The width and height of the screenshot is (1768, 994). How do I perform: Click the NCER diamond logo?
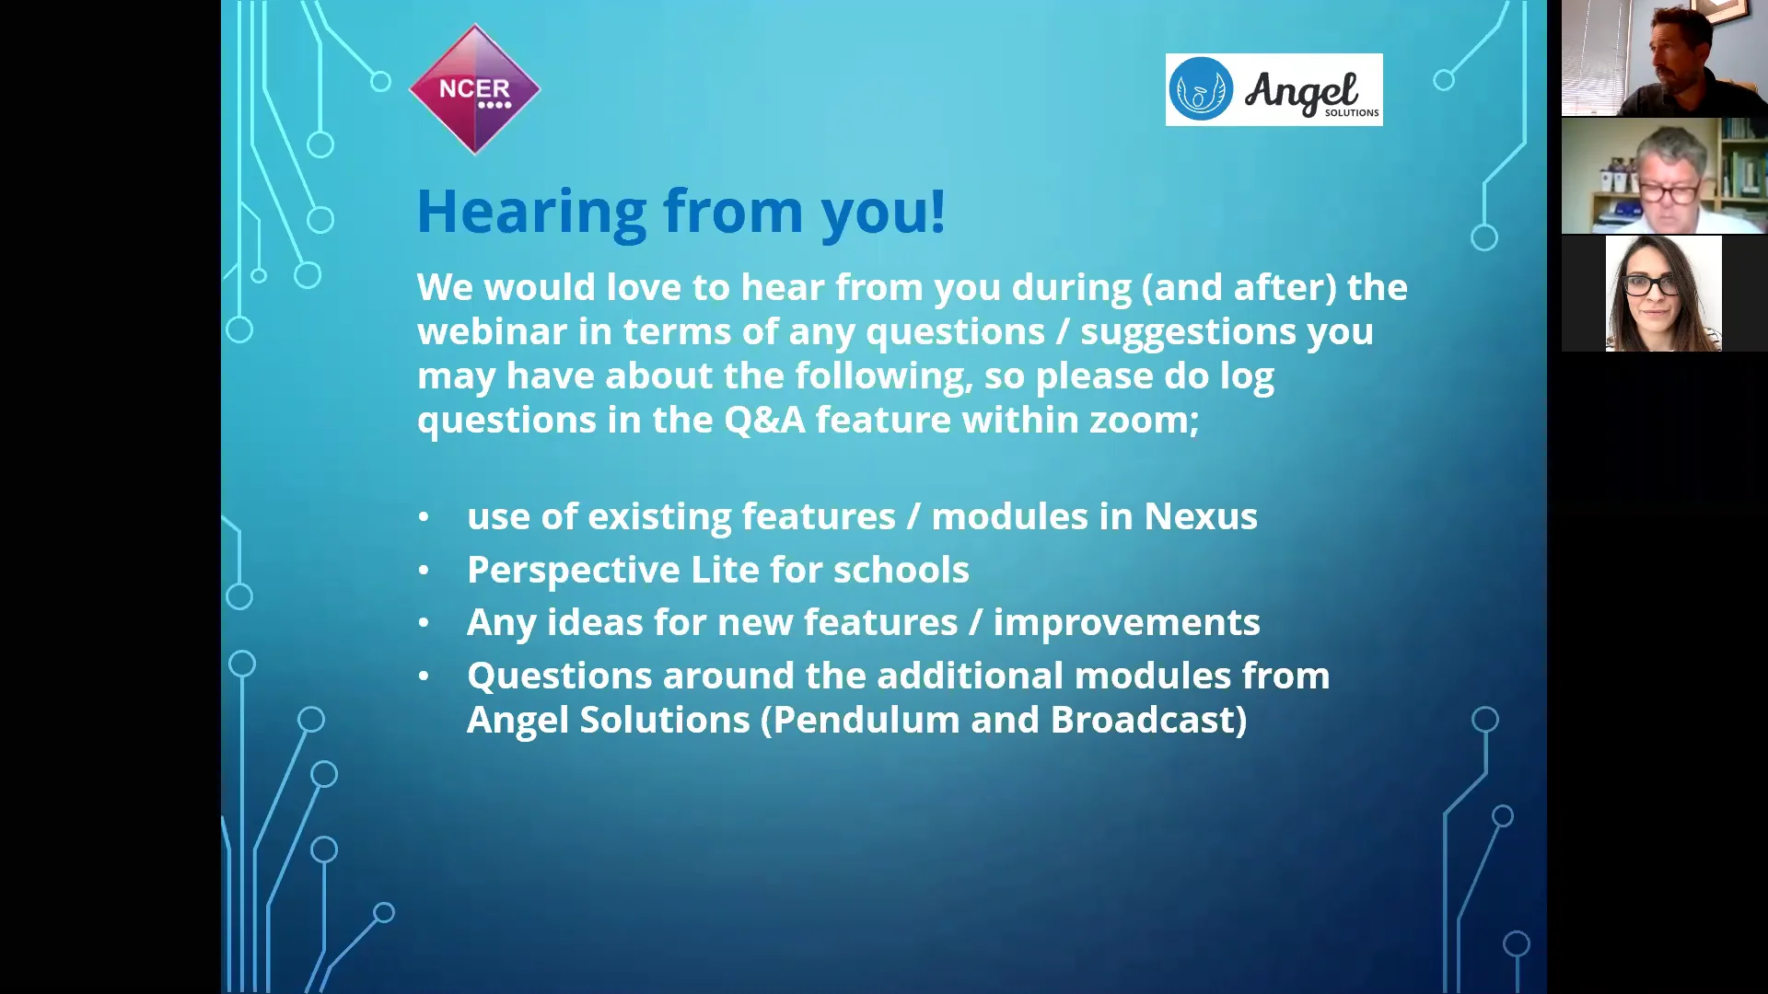point(474,89)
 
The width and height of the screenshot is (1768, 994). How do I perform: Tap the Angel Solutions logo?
point(1274,89)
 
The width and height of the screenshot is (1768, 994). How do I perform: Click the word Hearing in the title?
point(532,213)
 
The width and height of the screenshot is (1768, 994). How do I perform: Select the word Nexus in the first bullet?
point(1200,516)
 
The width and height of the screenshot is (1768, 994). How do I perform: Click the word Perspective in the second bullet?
point(573,571)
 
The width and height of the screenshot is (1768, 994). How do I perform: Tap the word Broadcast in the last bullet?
point(1142,720)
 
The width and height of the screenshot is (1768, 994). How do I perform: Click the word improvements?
point(1126,623)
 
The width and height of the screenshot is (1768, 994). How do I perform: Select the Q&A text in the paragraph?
point(764,421)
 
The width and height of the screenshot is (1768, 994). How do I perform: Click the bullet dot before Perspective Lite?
point(424,571)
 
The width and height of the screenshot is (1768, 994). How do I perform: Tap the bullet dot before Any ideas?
point(424,623)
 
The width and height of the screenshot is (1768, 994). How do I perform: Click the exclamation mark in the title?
point(937,211)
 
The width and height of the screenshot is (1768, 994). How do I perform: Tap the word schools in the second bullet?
point(901,570)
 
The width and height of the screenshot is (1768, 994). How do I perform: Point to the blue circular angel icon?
point(1201,89)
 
